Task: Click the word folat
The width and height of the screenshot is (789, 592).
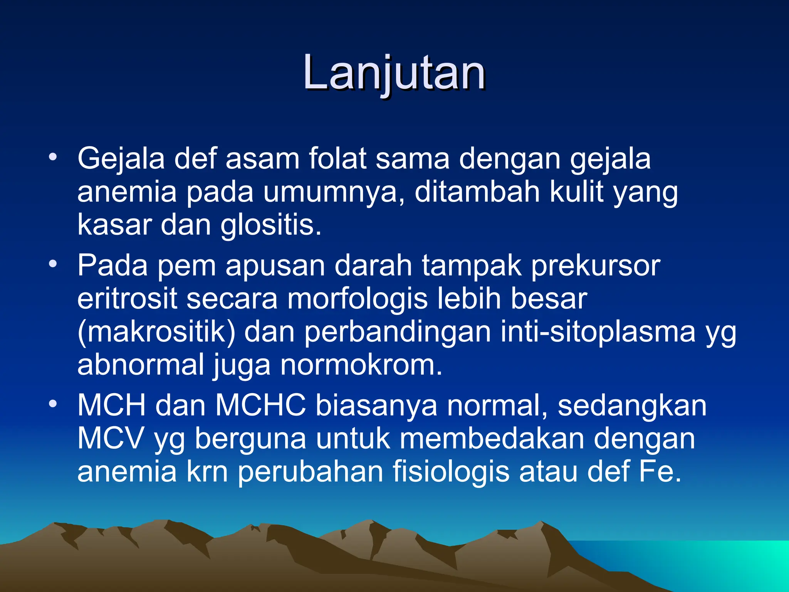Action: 337,158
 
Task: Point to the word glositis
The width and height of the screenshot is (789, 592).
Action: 270,225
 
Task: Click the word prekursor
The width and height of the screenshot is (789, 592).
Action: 596,266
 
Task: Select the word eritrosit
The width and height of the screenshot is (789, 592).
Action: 127,299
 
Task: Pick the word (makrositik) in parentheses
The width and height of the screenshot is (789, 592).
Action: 156,332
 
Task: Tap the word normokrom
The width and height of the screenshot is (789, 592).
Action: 361,365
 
